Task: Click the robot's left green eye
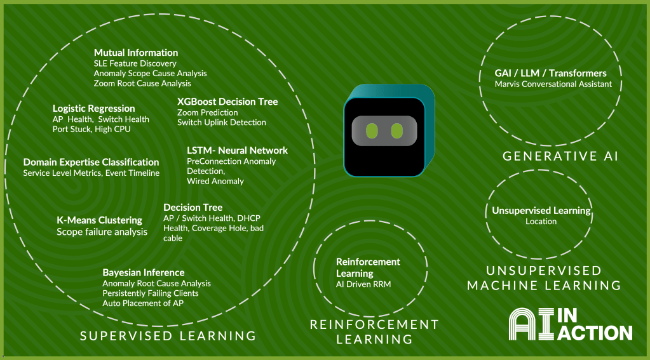pyautogui.click(x=373, y=131)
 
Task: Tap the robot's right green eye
pyautogui.click(x=397, y=131)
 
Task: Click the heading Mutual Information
pyautogui.click(x=136, y=53)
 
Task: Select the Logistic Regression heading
pyautogui.click(x=93, y=109)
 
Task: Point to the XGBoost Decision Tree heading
pyautogui.click(x=227, y=102)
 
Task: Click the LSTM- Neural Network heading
pyautogui.click(x=237, y=150)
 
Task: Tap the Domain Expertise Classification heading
pyautogui.click(x=91, y=162)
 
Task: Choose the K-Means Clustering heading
pyautogui.click(x=96, y=220)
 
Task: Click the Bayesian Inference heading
pyautogui.click(x=144, y=272)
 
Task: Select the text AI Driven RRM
pyautogui.click(x=363, y=284)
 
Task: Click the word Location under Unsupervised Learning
pyautogui.click(x=541, y=222)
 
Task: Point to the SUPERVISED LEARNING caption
pyautogui.click(x=168, y=336)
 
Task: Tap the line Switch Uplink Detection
pyautogui.click(x=221, y=123)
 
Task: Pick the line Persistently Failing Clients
pyautogui.click(x=150, y=293)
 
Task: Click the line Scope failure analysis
pyautogui.click(x=102, y=232)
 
